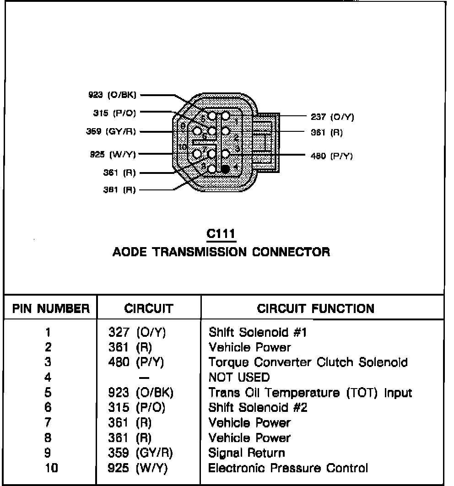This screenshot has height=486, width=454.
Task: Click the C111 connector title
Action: click(x=221, y=234)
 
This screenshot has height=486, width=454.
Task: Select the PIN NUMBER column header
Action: click(x=51, y=308)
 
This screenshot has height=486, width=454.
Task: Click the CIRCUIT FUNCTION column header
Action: click(x=316, y=308)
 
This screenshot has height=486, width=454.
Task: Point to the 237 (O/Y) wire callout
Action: click(x=332, y=117)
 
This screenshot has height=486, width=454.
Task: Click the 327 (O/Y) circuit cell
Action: click(x=137, y=332)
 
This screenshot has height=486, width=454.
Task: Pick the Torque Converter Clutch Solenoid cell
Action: click(x=308, y=362)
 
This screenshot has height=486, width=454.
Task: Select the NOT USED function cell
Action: click(x=239, y=378)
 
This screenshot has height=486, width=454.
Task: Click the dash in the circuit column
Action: click(x=144, y=378)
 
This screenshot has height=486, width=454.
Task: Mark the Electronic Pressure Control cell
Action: click(x=288, y=468)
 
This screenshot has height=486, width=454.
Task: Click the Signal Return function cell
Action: click(x=247, y=453)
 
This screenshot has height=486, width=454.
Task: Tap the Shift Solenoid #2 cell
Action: click(x=258, y=408)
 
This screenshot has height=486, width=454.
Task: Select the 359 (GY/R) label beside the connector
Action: click(x=111, y=132)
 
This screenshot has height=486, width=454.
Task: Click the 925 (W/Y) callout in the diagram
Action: click(x=113, y=155)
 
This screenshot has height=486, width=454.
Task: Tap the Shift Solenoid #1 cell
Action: click(x=258, y=332)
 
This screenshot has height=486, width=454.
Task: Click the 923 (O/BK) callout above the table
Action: click(x=112, y=95)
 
